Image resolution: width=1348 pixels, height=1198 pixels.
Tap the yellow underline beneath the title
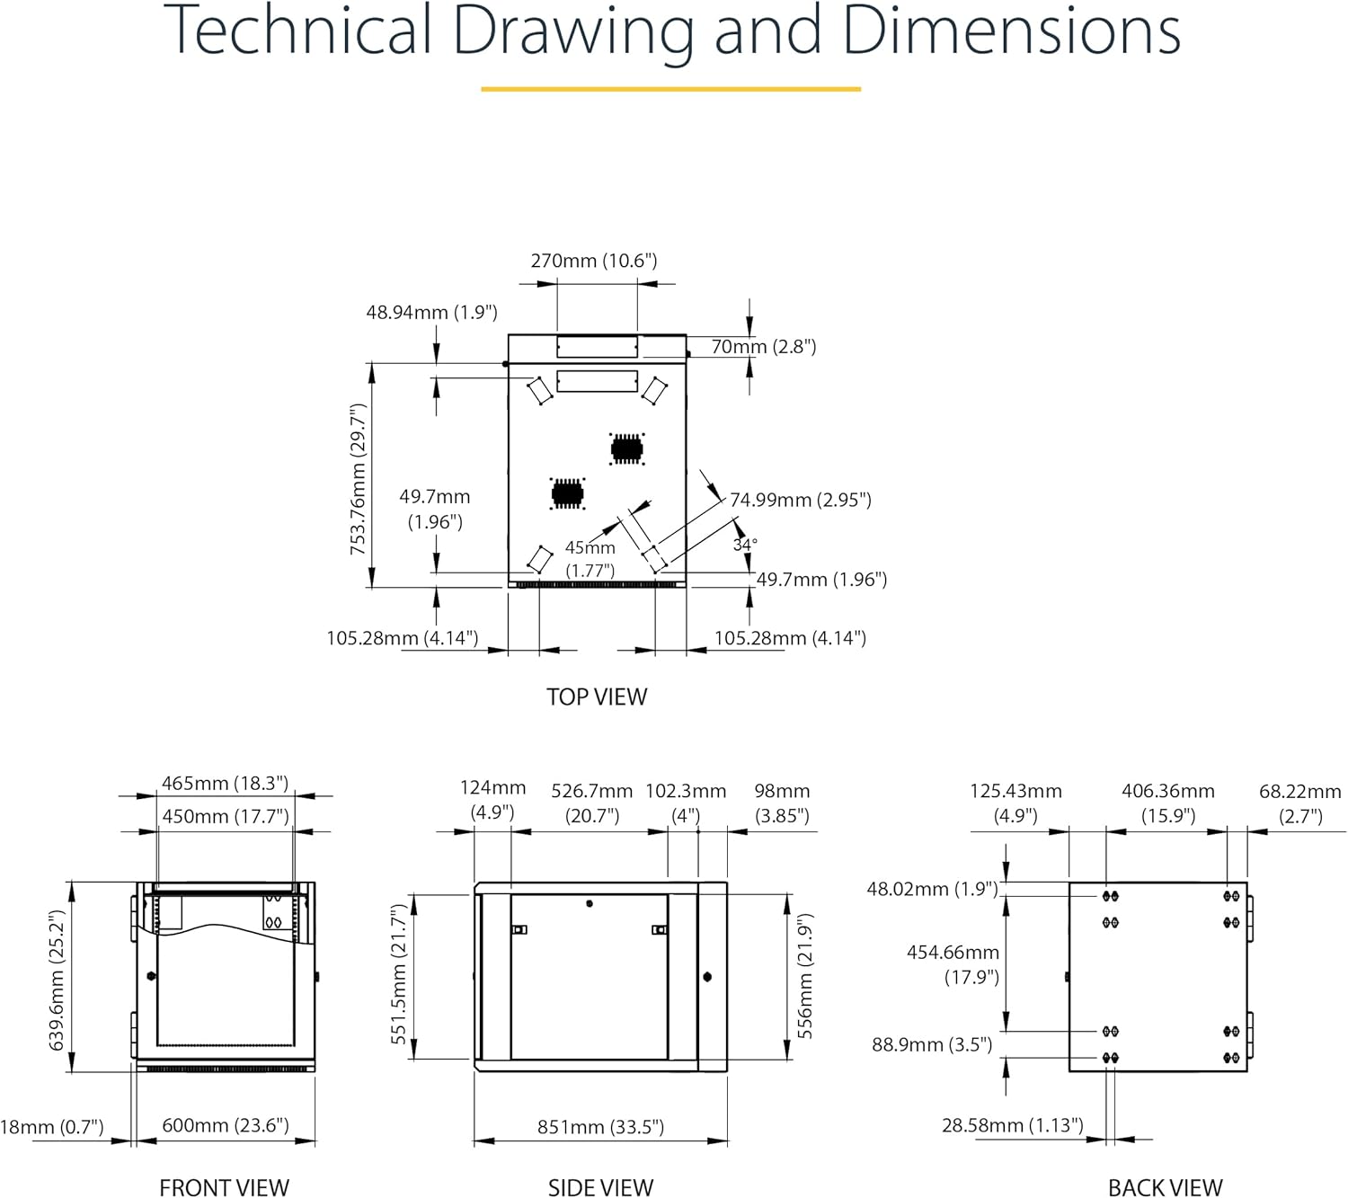670,88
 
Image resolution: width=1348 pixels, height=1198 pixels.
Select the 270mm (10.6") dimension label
593,261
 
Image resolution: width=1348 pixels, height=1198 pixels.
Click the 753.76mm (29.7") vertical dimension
358,479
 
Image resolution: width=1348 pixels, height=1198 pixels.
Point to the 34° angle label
744,545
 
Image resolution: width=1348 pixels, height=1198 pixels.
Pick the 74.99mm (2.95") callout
801,499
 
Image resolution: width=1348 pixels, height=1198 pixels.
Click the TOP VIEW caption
597,697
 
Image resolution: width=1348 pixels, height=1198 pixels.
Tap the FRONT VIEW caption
225,1187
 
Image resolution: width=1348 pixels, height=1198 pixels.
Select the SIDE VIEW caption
600,1187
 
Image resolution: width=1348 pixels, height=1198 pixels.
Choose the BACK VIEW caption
1165,1187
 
